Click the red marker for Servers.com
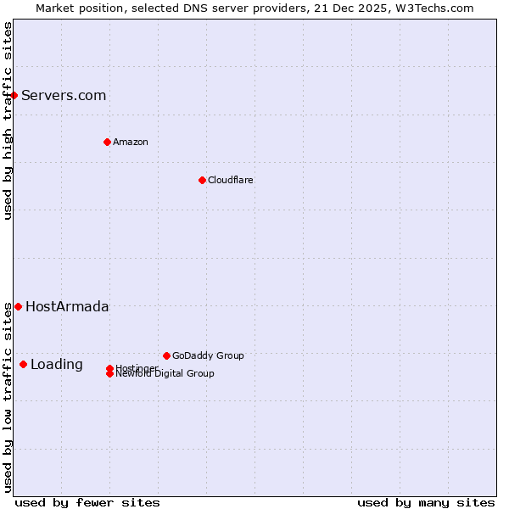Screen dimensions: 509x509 [14, 95]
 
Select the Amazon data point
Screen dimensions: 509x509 [107, 142]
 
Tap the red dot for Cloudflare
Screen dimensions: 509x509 [202, 180]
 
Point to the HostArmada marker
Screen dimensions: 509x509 [18, 306]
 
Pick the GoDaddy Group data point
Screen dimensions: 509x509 [166, 355]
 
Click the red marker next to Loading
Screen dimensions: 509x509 [23, 364]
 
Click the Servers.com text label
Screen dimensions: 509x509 [64, 95]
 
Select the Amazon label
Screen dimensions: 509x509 [131, 142]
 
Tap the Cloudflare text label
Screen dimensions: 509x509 [231, 180]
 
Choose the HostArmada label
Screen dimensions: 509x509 [67, 306]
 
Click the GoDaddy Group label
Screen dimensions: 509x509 [208, 355]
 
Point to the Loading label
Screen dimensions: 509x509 [57, 365]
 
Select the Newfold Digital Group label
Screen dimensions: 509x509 [165, 374]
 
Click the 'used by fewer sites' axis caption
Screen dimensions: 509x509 [87, 502]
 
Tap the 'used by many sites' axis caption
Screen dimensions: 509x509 [426, 502]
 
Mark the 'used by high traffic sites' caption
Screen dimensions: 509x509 [8, 120]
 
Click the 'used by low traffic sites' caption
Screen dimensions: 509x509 [8, 397]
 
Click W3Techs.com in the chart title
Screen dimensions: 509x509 [434, 8]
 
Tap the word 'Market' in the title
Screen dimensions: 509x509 [55, 8]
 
